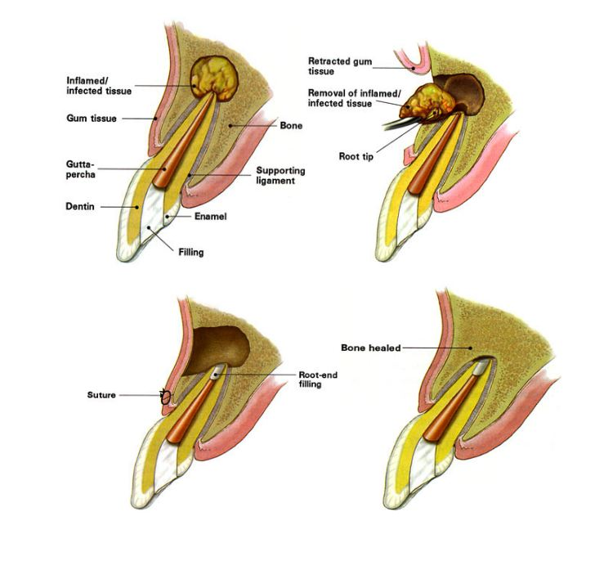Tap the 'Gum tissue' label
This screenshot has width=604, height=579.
click(x=91, y=119)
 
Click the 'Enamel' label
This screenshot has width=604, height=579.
click(x=210, y=217)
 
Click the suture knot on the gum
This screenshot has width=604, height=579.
click(x=165, y=397)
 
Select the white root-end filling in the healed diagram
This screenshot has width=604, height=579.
click(x=477, y=369)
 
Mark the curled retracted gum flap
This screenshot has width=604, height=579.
click(x=413, y=60)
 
